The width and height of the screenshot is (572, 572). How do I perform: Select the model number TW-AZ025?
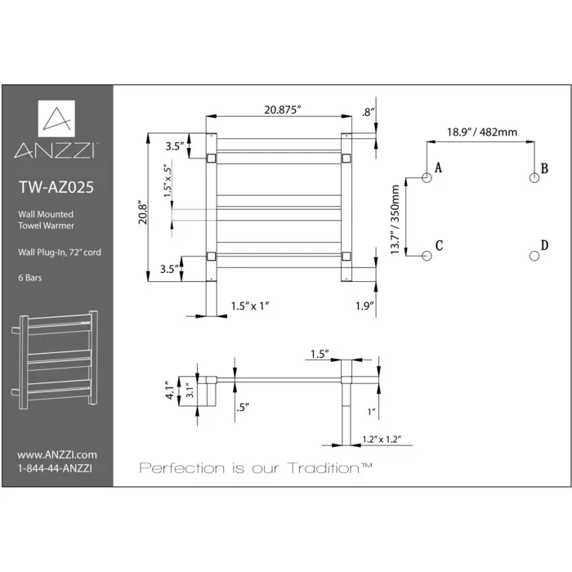click(56, 186)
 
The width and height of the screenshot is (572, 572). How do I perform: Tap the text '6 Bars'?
click(31, 278)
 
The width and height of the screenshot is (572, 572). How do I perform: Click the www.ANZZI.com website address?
click(57, 454)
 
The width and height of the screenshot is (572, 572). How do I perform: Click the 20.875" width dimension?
click(278, 111)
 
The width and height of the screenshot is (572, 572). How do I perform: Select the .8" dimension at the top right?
click(368, 112)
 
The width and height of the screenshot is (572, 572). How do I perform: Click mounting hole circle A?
click(426, 177)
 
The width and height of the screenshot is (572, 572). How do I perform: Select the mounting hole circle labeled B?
click(534, 177)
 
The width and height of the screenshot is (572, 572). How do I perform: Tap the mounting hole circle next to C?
click(426, 256)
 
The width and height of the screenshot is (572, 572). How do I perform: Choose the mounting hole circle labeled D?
click(534, 256)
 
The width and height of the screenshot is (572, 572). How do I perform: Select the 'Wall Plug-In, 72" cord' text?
click(56, 252)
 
